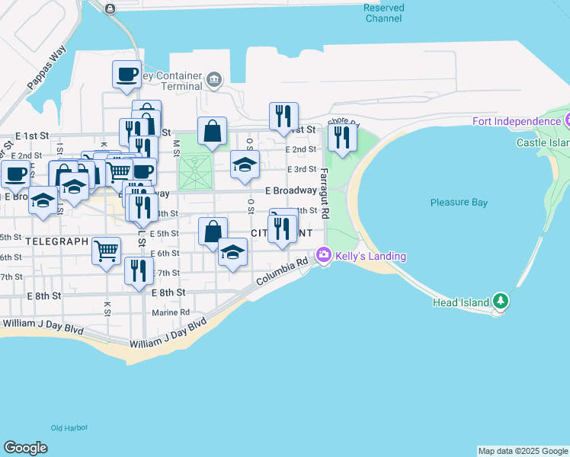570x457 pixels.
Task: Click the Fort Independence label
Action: click(x=516, y=121)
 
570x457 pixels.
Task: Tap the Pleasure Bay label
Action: click(x=459, y=203)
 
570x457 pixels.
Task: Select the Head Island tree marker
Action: click(x=500, y=302)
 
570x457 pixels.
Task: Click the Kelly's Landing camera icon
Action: click(x=324, y=256)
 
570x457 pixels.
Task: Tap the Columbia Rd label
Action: click(x=282, y=271)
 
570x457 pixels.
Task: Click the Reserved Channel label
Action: click(x=383, y=13)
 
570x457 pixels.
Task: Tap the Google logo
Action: click(x=25, y=448)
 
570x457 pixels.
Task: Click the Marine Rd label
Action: click(x=170, y=312)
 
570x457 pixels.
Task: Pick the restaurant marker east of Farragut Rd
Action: click(x=341, y=138)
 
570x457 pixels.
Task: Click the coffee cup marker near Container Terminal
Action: click(x=127, y=75)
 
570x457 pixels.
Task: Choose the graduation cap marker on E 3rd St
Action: click(x=245, y=164)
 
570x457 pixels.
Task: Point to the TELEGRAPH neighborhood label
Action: click(x=57, y=241)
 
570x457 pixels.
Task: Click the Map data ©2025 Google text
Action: click(x=523, y=451)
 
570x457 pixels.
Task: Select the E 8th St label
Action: click(x=170, y=292)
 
